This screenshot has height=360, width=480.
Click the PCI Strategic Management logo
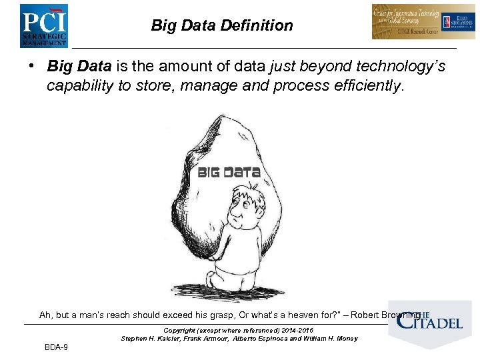(44, 25)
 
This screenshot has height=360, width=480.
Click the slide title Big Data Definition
(221, 26)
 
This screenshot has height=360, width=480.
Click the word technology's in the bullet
(401, 67)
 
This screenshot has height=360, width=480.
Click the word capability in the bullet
(78, 86)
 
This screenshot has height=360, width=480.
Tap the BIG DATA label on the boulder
(229, 173)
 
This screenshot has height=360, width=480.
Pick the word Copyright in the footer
(179, 331)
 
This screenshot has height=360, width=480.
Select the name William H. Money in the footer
(333, 339)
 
